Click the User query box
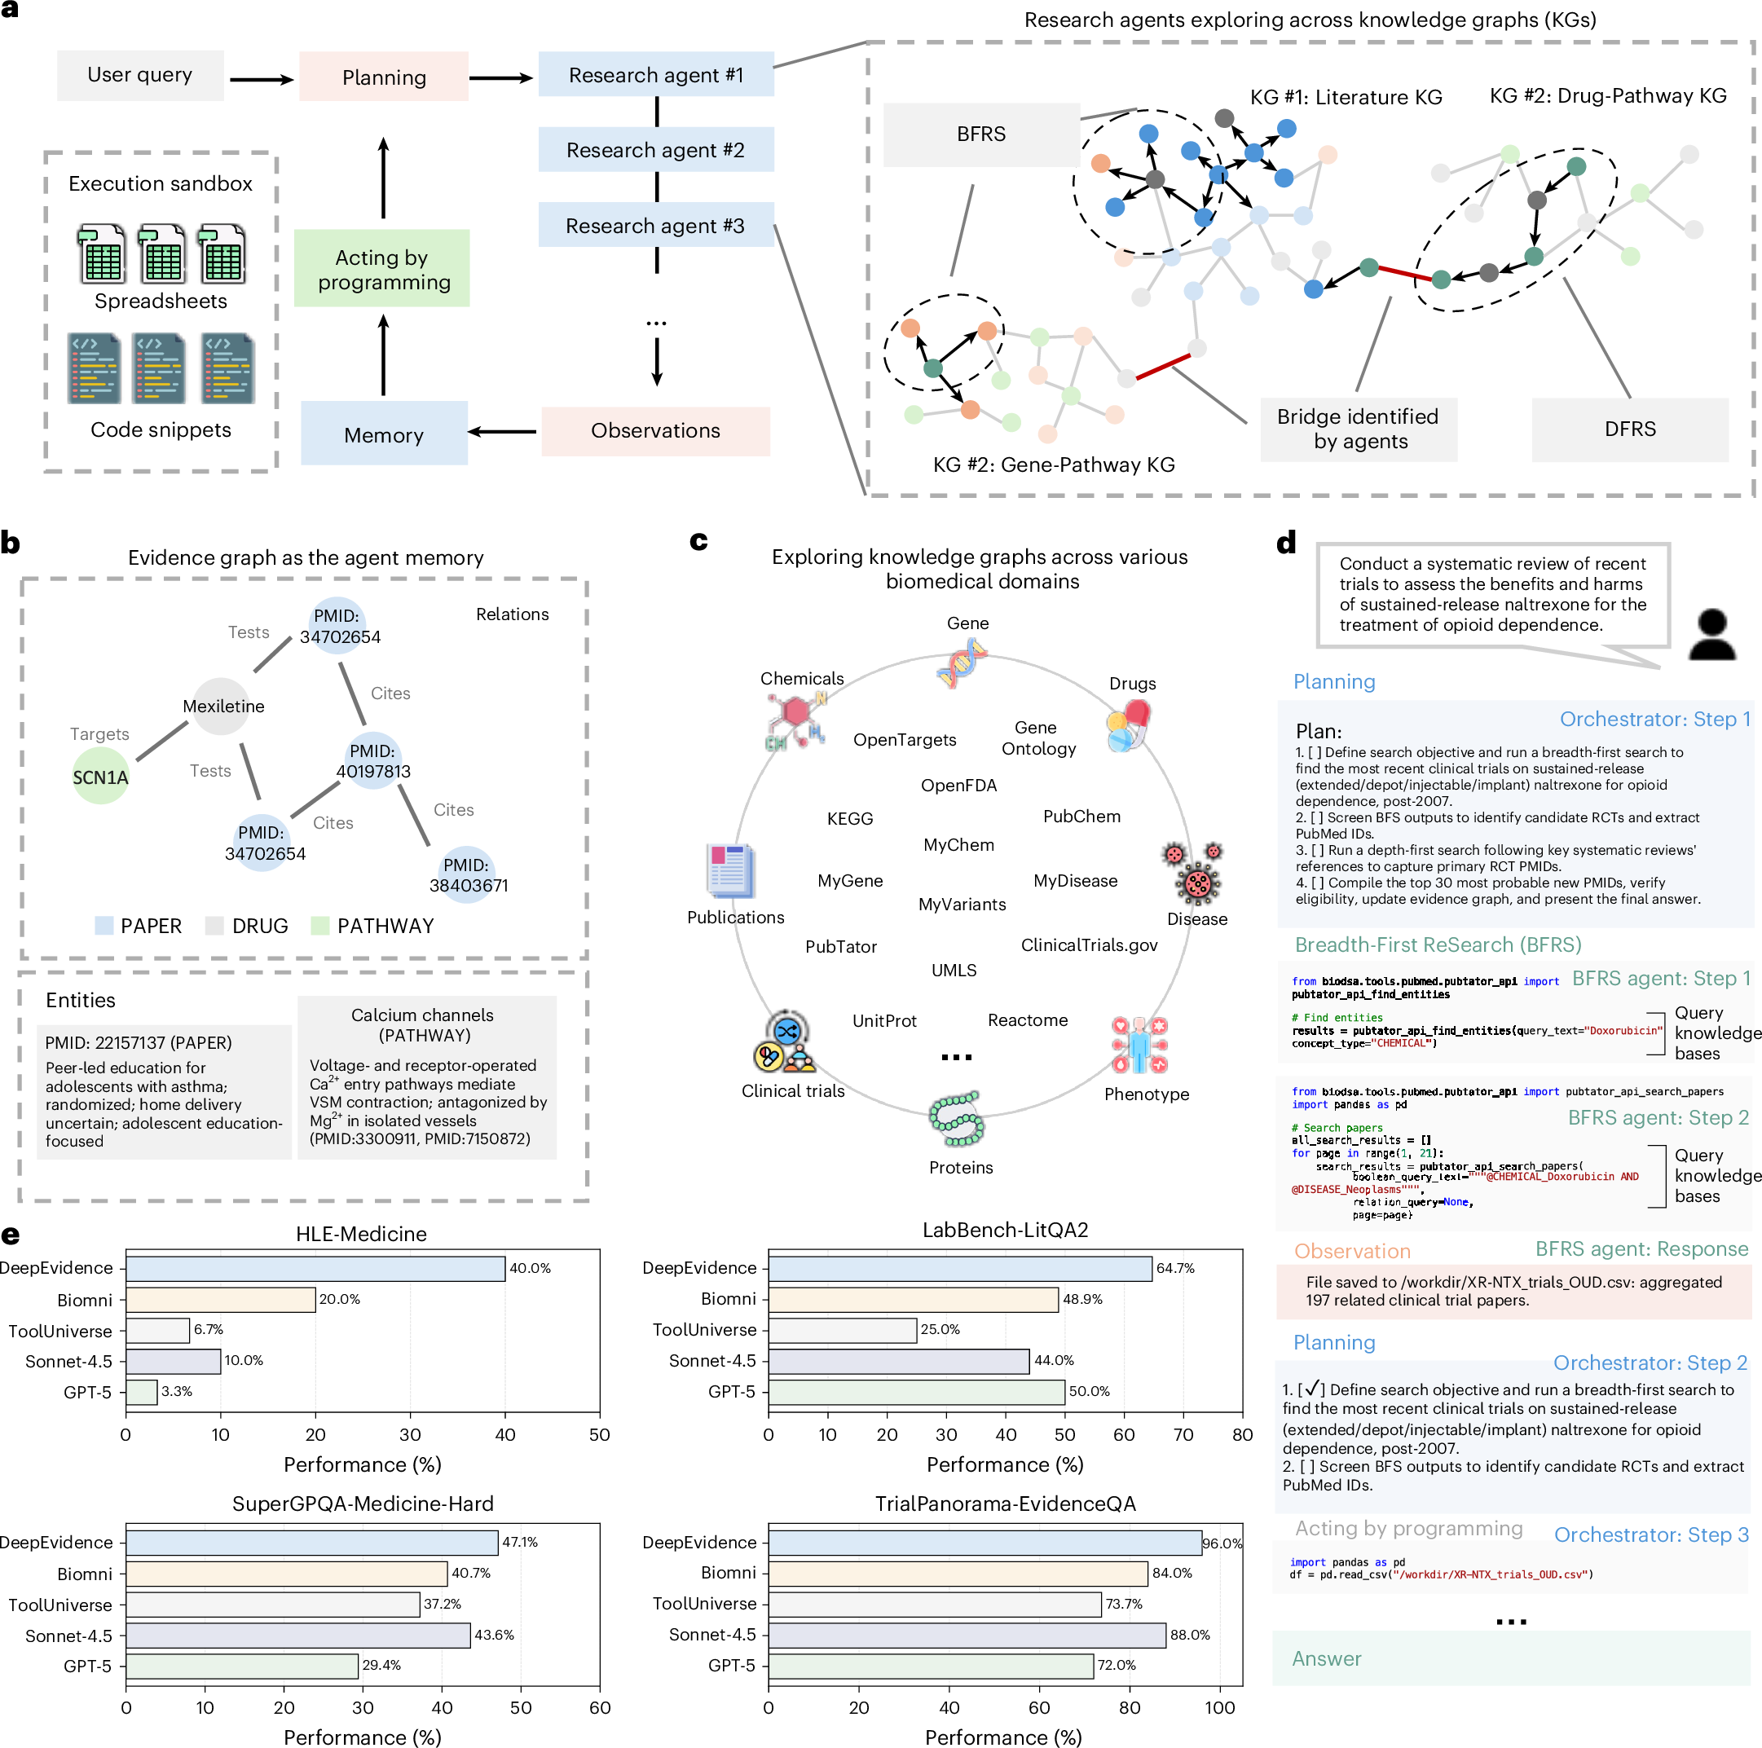140,76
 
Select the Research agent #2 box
656,150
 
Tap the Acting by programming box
382,269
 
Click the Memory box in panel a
384,434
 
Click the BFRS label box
981,134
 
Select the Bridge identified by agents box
1359,429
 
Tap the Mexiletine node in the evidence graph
222,707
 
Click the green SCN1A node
100,777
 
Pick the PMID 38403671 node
468,875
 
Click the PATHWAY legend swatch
319,926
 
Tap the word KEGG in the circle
850,819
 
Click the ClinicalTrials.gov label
1089,945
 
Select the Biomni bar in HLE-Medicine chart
221,1299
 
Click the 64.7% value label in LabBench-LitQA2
1175,1268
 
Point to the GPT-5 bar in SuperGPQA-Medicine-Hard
242,1666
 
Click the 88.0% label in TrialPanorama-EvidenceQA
1190,1635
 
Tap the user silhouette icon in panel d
1711,635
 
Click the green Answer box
1511,1658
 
